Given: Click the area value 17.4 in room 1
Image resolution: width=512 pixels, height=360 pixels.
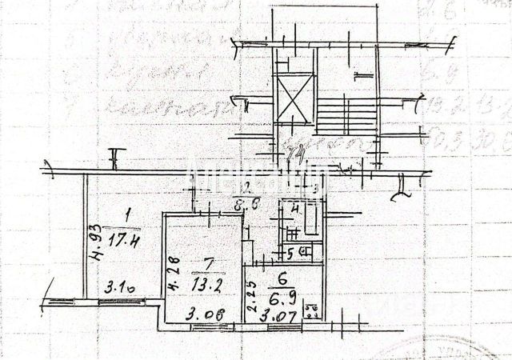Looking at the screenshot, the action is pos(127,238).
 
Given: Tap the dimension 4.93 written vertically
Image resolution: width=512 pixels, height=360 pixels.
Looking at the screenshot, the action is pos(94,242).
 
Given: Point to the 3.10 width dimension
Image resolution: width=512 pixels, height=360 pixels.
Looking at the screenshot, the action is pos(117,286).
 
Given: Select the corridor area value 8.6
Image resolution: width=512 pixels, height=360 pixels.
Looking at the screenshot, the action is pos(246,204).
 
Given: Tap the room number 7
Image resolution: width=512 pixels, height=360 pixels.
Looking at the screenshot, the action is pos(206,265).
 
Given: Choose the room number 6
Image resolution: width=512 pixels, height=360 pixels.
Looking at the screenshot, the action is pos(282,281).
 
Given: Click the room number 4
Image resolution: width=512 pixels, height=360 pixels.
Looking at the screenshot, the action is pos(295,210).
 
